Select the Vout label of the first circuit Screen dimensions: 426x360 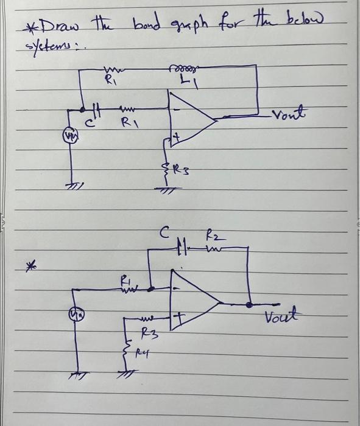(292, 116)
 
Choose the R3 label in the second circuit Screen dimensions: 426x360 (147, 333)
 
